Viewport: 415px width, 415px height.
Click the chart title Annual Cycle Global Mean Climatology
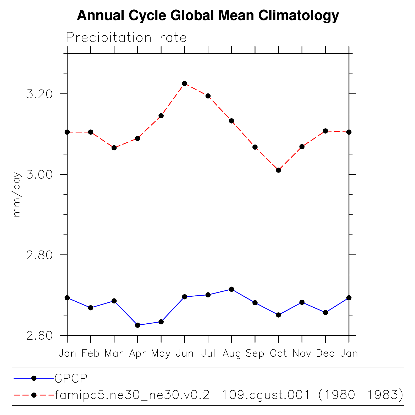pyautogui.click(x=208, y=15)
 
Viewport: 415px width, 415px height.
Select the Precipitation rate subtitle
pyautogui.click(x=126, y=38)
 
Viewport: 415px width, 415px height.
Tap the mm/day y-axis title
pyautogui.click(x=17, y=194)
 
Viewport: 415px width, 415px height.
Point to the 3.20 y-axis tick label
pyautogui.click(x=39, y=94)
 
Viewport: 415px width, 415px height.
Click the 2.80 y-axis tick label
pyautogui.click(x=39, y=255)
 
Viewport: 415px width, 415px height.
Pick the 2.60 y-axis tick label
pyautogui.click(x=39, y=335)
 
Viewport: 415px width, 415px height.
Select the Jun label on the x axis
pyautogui.click(x=185, y=354)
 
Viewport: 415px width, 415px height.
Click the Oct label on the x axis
pyautogui.click(x=278, y=354)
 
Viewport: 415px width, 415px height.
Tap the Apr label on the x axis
pyautogui.click(x=137, y=354)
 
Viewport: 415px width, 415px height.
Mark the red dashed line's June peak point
pyautogui.click(x=185, y=84)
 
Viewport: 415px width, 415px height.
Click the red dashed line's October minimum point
pyautogui.click(x=279, y=170)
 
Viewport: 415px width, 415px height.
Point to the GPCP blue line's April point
pyautogui.click(x=138, y=325)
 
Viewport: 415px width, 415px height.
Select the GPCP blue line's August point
pyautogui.click(x=231, y=289)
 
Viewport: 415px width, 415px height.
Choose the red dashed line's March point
pyautogui.click(x=114, y=148)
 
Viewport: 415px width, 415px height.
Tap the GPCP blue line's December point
pyautogui.click(x=325, y=313)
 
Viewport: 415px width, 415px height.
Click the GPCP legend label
pyautogui.click(x=71, y=378)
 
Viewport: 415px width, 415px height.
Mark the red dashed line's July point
pyautogui.click(x=208, y=96)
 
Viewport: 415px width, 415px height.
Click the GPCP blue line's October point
pyautogui.click(x=279, y=315)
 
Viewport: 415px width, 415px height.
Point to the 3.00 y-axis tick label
pyautogui.click(x=39, y=174)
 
